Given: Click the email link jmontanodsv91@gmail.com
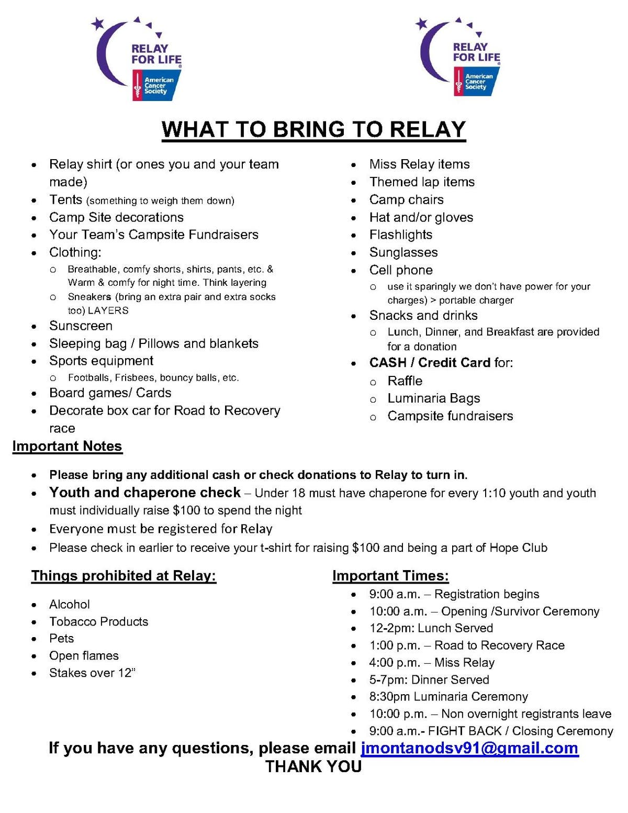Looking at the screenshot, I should (469, 748).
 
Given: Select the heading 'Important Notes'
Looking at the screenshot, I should (67, 446).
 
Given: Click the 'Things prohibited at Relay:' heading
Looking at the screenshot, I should (124, 576).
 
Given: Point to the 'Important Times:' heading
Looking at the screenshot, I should (390, 576).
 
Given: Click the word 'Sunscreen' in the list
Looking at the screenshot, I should (81, 326).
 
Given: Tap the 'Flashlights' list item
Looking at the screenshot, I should (401, 235).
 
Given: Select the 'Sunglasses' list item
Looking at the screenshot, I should (403, 252).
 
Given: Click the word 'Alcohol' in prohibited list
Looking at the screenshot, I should (70, 604).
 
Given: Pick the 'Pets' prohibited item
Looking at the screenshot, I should (62, 638).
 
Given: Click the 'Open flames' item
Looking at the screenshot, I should (84, 655).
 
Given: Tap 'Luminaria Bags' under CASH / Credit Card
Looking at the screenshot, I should (434, 398).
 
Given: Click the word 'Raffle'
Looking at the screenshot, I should (405, 381).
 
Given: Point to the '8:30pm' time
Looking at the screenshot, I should (389, 697).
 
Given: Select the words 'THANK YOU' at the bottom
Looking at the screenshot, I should (313, 766).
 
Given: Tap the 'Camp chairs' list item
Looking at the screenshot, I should (406, 199).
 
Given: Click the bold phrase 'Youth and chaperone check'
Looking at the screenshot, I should (145, 493).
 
